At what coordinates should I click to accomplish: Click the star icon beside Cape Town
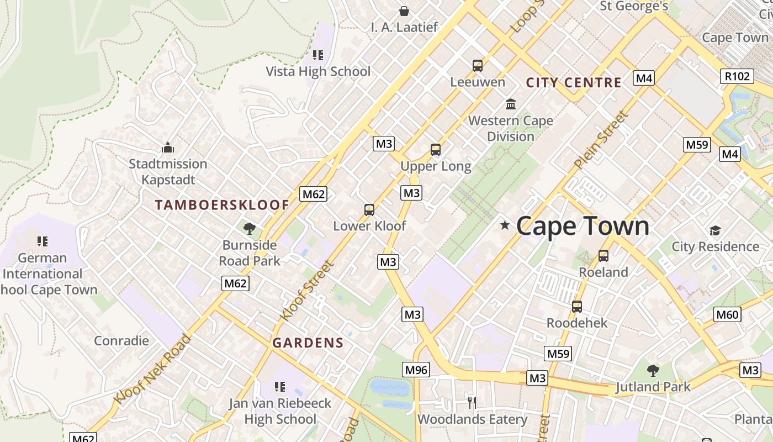pos(505,225)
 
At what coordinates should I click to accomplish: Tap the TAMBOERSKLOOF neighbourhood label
pos(222,205)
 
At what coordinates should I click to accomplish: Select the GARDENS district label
pos(308,343)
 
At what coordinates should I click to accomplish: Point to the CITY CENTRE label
pos(574,83)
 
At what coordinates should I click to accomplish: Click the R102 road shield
pos(737,76)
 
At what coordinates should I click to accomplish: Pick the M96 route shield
pos(416,370)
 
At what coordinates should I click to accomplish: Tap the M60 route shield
pos(727,315)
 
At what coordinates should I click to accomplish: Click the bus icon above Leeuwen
pos(478,66)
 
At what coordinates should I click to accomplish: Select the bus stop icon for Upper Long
pos(436,150)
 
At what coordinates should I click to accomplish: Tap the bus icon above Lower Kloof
pos(369,210)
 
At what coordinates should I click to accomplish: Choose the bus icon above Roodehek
pos(577,307)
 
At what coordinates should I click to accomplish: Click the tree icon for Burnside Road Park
pos(250,228)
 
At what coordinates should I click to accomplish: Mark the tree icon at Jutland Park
pos(653,370)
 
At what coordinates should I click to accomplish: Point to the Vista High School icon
pos(318,55)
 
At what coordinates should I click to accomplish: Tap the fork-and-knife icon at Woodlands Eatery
pos(472,402)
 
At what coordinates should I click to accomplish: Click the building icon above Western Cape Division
pos(511,104)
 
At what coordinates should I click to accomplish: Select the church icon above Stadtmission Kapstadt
pos(168,148)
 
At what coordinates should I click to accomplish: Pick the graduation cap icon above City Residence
pos(715,230)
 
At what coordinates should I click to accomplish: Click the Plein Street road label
pos(601,140)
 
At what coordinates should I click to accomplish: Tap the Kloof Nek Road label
pos(152,369)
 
